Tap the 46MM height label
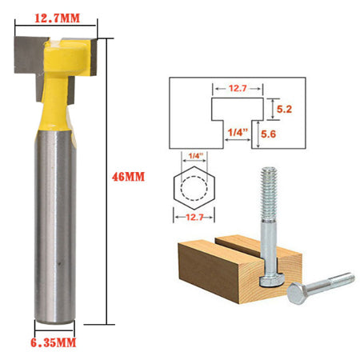pos(127,176)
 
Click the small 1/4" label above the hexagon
pos(195,157)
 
